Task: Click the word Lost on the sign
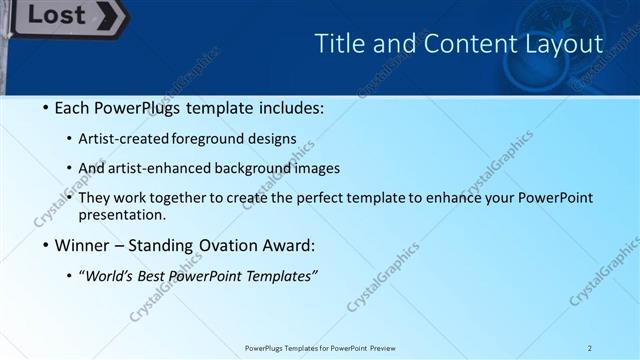[56, 15]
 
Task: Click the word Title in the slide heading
[340, 44]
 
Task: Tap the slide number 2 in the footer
[590, 347]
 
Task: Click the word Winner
[83, 245]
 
